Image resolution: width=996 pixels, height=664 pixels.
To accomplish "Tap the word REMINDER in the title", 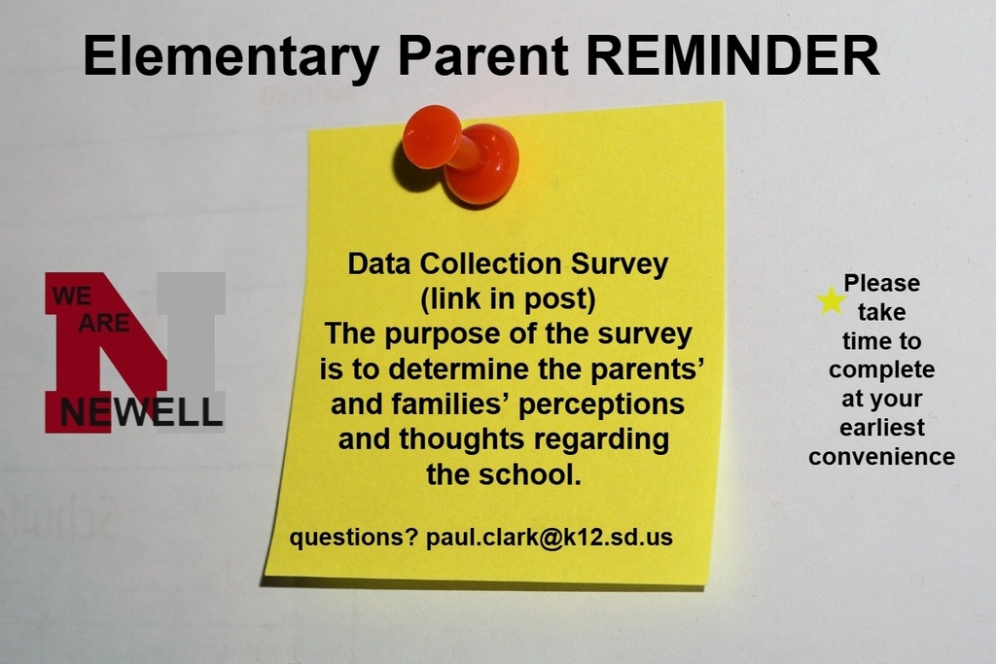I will point(733,55).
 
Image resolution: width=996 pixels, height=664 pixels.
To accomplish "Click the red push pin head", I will point(431,136).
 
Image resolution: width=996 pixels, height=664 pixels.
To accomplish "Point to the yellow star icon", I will point(831,300).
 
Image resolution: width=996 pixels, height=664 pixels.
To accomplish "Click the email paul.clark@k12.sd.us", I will point(550,537).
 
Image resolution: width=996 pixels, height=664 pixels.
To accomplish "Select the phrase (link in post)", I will point(509,297).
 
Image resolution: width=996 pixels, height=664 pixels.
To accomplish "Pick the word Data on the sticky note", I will point(380,263).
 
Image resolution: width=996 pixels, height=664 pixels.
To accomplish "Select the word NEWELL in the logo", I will point(141,412).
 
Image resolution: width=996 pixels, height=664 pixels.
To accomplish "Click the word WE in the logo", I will point(71,296).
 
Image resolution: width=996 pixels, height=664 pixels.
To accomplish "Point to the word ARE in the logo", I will point(103,323).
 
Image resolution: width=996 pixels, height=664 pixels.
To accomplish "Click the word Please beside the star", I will point(881,283).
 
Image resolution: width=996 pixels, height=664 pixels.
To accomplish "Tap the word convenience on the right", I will point(881,456).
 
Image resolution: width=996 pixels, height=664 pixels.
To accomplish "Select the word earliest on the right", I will point(881,428).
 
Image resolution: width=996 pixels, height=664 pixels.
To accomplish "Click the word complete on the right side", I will point(881,369).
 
